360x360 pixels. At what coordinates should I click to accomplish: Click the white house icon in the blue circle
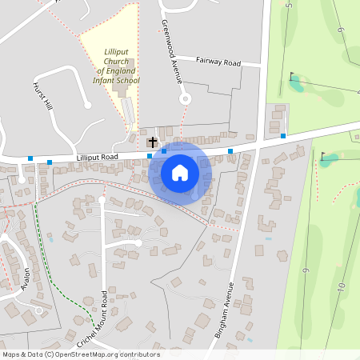179,173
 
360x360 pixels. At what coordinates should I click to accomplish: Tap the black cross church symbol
153,142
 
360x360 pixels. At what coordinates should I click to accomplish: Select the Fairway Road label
218,60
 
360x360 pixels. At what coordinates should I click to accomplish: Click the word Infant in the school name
106,81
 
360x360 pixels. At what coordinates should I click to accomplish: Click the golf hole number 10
340,286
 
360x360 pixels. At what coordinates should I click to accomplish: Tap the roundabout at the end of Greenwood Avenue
185,99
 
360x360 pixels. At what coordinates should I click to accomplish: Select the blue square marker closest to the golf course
282,136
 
